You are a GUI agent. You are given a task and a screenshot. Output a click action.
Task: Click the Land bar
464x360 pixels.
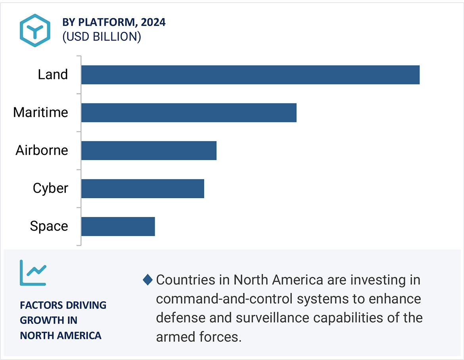coord(250,75)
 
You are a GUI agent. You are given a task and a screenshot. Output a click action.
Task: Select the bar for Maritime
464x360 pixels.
coord(189,113)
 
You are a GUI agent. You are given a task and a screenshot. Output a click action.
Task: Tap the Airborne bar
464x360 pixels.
coord(149,150)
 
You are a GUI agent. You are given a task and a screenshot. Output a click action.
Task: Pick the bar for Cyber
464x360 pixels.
coord(142,188)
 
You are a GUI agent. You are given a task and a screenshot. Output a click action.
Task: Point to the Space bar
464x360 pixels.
coord(118,226)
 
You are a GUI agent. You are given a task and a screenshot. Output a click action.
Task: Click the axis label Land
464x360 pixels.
coord(53,75)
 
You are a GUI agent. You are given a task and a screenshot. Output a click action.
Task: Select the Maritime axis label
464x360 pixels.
coord(40,113)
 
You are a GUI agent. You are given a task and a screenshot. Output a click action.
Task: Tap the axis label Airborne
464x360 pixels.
coord(42,150)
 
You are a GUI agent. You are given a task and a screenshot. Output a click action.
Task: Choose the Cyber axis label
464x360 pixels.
coord(50,188)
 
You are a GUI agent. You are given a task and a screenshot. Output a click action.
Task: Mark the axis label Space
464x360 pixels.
coord(49,226)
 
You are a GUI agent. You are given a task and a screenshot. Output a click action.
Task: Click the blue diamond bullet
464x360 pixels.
coord(148,280)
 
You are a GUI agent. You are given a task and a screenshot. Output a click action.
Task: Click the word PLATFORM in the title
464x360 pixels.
coord(105,22)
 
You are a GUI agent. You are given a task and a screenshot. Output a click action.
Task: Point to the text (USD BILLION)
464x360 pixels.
coord(102,37)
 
